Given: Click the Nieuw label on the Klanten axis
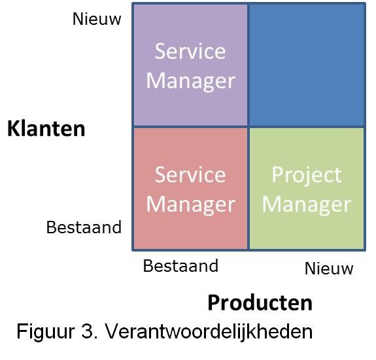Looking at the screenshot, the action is pos(97,19).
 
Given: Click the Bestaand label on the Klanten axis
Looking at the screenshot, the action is pos(84,227).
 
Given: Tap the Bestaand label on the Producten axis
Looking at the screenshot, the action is pos(180,266).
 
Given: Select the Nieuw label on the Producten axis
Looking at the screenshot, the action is pos(329,269).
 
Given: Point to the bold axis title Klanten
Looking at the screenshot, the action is pos(46,129).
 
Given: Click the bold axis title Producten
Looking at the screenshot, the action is pos(260,303).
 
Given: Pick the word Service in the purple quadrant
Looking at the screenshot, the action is pos(190,51).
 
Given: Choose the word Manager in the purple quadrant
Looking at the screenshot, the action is pos(191,81).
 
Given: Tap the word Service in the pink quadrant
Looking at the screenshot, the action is pos(190,174).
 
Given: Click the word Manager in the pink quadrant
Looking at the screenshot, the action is pos(191,205).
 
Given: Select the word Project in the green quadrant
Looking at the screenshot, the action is pos(307,176).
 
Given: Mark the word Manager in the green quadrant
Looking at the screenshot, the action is pos(307,205).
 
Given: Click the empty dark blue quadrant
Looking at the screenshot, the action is pos(307,65).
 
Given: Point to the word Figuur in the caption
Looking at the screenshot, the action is pos(46,332).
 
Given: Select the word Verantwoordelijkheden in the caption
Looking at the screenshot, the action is pos(209,331).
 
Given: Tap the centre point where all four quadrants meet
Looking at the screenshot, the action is pos(248,127).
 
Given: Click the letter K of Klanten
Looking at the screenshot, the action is pos(14,129).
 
